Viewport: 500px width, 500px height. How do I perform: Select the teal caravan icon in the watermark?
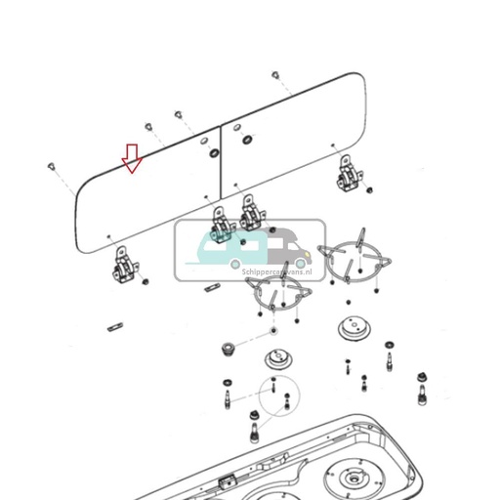point(227,249)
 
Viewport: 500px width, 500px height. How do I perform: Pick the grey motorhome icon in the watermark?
point(288,250)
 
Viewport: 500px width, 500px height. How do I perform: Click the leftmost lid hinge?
point(125,266)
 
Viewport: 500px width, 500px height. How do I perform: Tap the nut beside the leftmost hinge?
point(146,282)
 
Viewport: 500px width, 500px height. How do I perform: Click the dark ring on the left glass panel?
point(214,154)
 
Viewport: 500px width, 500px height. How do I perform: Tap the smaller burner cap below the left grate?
point(278,358)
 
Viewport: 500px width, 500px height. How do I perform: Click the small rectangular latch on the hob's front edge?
point(228,481)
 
